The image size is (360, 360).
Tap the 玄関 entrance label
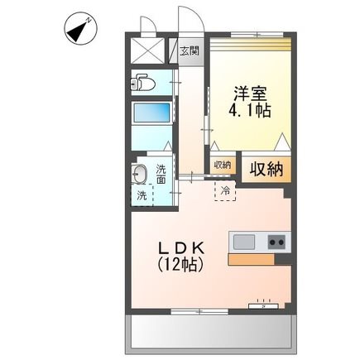point(190,50)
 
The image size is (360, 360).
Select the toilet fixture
point(142,82)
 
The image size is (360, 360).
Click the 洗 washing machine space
point(142,195)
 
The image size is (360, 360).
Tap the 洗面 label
point(161,174)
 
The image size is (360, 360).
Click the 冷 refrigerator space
point(225,190)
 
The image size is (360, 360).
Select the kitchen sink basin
point(244,242)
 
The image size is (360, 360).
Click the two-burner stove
point(276,242)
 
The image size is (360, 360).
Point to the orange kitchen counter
point(251,260)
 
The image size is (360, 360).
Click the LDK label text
point(181,247)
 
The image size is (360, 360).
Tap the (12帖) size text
point(180,265)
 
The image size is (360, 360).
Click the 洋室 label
point(251,94)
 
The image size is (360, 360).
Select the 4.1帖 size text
point(249,111)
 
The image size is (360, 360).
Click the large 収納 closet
point(266,170)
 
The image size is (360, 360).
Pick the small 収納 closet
point(223,166)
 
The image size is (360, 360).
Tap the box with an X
point(147,51)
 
